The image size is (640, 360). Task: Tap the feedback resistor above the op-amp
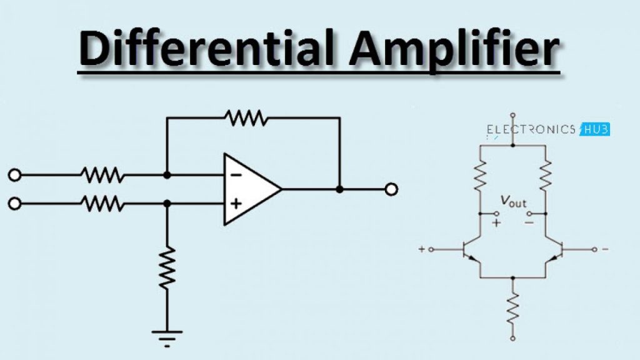(x=246, y=117)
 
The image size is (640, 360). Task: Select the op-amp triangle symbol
(x=250, y=189)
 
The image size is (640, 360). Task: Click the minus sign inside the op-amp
(x=236, y=175)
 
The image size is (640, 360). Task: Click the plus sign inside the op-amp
(x=236, y=203)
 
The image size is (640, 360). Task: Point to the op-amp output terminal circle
(x=392, y=189)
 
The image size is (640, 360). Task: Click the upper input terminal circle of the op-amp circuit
(x=14, y=176)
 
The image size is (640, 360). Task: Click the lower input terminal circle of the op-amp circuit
(x=14, y=203)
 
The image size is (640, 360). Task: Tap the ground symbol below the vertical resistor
(x=167, y=337)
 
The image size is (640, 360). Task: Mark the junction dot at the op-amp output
(x=340, y=189)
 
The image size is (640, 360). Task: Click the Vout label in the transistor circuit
(x=514, y=202)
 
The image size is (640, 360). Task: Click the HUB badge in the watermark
(x=596, y=129)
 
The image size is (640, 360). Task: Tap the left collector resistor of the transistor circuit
(x=480, y=176)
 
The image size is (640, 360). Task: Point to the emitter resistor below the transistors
(x=512, y=307)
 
